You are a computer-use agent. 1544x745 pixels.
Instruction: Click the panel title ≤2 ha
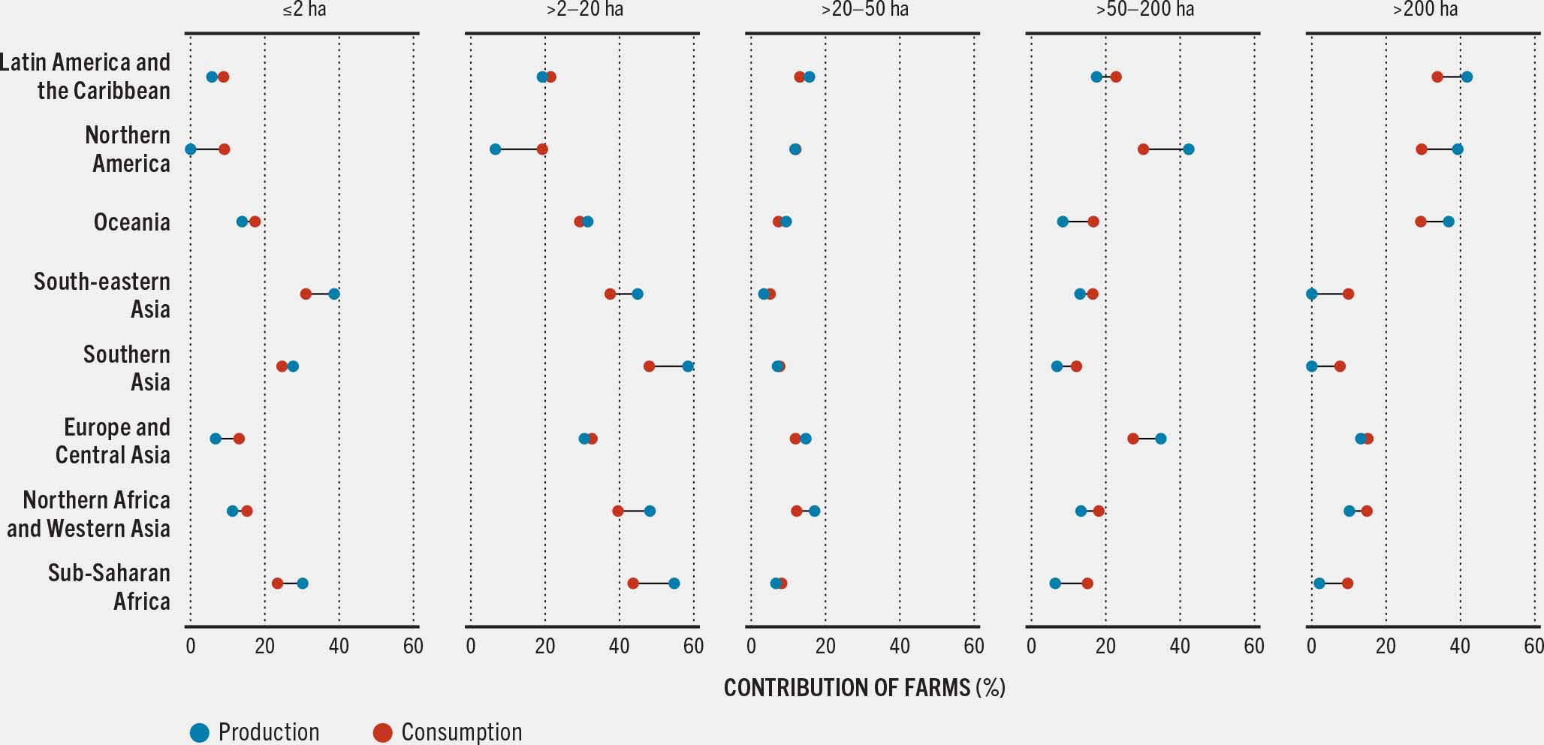pos(304,10)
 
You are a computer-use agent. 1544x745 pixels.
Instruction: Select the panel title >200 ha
pos(1425,10)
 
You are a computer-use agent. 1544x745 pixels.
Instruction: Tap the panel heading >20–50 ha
pos(864,10)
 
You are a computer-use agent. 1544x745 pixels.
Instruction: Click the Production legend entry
pos(255,732)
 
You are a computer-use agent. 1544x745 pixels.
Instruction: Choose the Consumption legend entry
pos(448,732)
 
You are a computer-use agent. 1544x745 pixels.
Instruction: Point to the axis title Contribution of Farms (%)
pos(864,687)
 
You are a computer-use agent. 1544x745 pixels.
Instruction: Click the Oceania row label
pos(131,222)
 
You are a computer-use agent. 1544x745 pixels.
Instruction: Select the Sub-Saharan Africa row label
pos(109,587)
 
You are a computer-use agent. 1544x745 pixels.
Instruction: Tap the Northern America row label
pos(128,149)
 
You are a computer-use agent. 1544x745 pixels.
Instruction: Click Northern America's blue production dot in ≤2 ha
pos(191,149)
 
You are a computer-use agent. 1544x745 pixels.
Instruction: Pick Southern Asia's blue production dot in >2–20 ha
pos(687,366)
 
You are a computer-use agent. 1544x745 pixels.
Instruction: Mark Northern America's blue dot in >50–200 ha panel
pos(1188,149)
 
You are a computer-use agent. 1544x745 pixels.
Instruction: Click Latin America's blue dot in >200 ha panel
pos(1467,77)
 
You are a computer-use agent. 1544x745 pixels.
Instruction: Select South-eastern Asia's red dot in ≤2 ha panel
pos(306,294)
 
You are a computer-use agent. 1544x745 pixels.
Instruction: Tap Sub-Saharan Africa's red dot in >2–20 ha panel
pos(633,584)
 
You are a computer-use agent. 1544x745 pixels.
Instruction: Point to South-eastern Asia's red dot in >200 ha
pos(1348,294)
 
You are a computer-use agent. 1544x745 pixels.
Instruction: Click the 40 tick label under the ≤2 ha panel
pos(339,646)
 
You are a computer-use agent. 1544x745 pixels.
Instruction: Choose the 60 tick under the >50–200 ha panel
pos(1253,646)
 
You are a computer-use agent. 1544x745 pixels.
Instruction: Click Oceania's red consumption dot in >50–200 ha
pos(1093,222)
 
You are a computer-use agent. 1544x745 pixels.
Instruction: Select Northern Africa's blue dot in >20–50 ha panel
pos(814,511)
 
